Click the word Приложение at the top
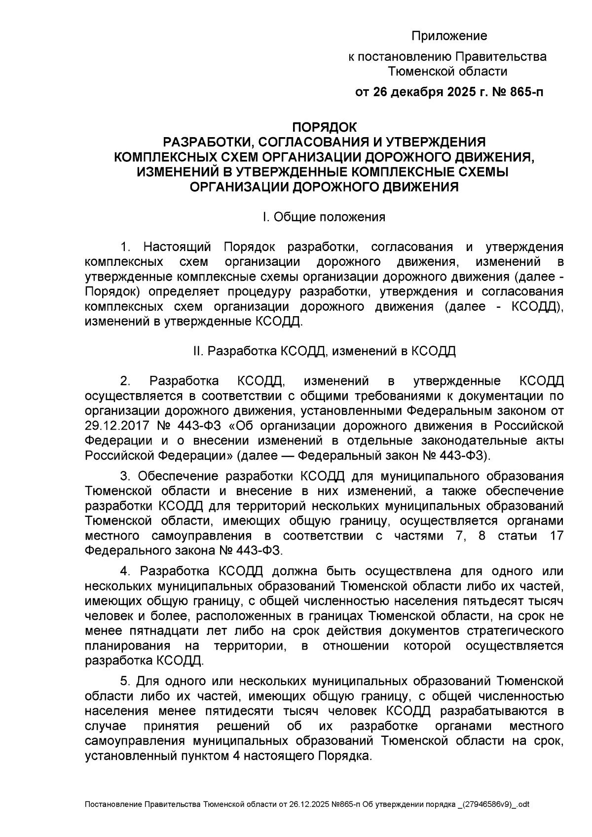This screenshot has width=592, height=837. click(x=449, y=36)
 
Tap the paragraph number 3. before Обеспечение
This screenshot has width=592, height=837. click(x=125, y=476)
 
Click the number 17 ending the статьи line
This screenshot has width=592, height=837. click(x=556, y=536)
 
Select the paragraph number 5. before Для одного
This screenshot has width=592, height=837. click(x=125, y=682)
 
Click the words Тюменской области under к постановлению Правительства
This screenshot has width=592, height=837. click(x=447, y=72)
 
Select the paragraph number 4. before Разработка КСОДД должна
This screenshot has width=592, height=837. click(x=125, y=571)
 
